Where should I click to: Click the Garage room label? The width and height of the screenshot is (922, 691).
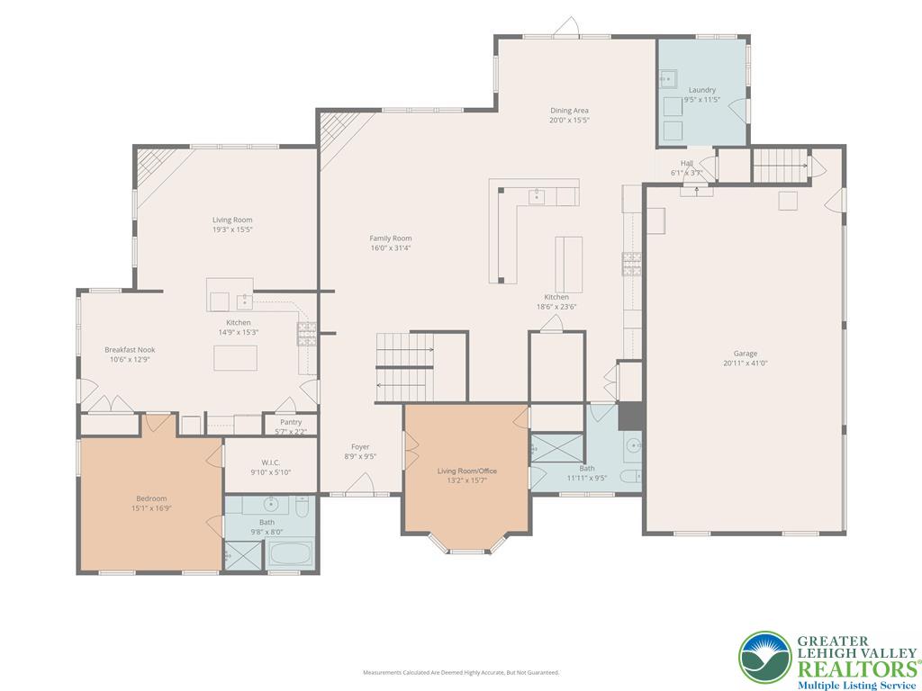(745, 354)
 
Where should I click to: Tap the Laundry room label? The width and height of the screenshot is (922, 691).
(701, 90)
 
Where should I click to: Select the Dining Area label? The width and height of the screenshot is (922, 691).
(569, 111)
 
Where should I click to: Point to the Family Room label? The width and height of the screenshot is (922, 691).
(390, 238)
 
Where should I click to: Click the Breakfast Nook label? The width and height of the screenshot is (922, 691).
(129, 349)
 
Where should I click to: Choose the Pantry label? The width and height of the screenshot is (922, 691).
(290, 422)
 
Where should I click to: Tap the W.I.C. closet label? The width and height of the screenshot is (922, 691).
(271, 462)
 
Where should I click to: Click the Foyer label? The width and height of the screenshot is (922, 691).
(360, 446)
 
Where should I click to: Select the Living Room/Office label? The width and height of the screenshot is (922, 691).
(466, 471)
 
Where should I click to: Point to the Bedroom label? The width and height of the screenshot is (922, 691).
(151, 498)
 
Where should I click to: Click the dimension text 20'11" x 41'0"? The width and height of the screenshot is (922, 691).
(745, 363)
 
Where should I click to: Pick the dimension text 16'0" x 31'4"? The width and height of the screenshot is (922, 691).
(390, 248)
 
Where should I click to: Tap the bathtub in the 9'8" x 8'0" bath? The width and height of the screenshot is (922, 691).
(290, 554)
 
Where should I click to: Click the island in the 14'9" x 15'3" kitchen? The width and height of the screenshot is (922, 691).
(235, 358)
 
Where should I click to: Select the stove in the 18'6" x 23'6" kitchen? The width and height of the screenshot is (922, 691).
(631, 263)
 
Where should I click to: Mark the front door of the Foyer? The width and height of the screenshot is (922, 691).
(360, 490)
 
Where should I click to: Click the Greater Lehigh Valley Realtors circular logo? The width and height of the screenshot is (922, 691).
(765, 657)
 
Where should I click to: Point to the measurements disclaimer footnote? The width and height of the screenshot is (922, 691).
(461, 672)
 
